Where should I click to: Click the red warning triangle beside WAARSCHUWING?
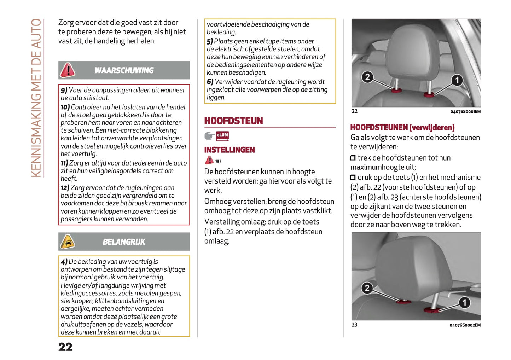tap(68, 70)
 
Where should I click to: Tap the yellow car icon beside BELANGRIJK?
tap(68, 242)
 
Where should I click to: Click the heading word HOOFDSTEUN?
tap(233, 121)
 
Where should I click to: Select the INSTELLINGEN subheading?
tap(229, 150)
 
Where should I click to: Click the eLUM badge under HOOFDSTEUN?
tap(222, 135)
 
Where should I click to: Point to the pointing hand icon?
tap(210, 136)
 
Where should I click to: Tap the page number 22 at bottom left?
tap(65, 347)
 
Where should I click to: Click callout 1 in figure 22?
tap(457, 80)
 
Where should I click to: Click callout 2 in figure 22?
tap(367, 77)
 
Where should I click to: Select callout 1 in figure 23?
tap(464, 302)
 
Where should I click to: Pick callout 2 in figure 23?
tap(367, 288)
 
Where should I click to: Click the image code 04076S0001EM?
tap(465, 112)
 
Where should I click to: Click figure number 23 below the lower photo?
tap(354, 325)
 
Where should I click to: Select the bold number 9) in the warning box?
tap(64, 90)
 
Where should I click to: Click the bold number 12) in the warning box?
tap(65, 188)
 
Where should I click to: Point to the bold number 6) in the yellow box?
tap(210, 82)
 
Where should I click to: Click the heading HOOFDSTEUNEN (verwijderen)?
tap(402, 127)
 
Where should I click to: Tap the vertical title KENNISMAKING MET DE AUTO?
tap(36, 98)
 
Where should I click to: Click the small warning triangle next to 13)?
tap(209, 160)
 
